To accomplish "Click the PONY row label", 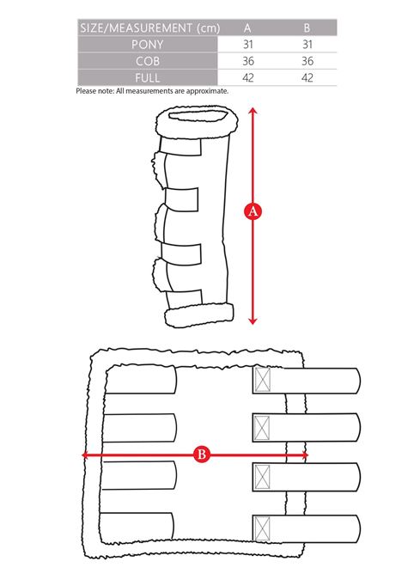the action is (147, 45).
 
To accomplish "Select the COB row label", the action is (148, 61).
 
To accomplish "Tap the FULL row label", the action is (148, 77).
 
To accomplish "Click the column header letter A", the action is (247, 28).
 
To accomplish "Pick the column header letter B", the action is (307, 28).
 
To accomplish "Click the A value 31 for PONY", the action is (248, 45).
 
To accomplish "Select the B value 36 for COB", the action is (307, 61).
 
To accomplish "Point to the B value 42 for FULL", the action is (307, 77).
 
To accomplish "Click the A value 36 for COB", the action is (248, 61).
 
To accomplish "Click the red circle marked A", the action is (253, 211).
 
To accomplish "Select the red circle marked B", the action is (202, 455).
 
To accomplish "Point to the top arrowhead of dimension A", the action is (253, 111).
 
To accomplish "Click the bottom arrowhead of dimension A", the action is (253, 320).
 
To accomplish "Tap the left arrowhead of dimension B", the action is (85, 455).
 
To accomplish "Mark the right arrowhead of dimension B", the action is (305, 455).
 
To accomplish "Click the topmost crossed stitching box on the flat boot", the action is (262, 380).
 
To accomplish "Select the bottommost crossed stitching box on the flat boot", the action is (262, 528).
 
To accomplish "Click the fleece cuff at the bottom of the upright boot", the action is (199, 315).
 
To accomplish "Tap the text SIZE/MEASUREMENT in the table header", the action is (137, 28).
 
